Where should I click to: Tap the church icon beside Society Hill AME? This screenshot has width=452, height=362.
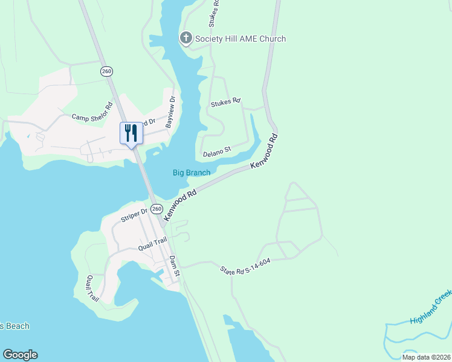186,39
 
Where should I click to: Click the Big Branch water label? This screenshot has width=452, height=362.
192,173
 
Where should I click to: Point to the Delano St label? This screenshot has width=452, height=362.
217,151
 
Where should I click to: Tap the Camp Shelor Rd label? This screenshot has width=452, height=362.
92,112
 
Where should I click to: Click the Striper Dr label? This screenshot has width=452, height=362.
134,215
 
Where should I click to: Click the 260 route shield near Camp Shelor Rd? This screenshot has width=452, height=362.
107,71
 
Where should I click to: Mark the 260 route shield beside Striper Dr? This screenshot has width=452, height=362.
157,209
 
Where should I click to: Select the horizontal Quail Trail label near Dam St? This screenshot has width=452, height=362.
152,244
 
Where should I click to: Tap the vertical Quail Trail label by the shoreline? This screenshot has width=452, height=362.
91,288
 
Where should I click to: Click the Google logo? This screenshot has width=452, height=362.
20,355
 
